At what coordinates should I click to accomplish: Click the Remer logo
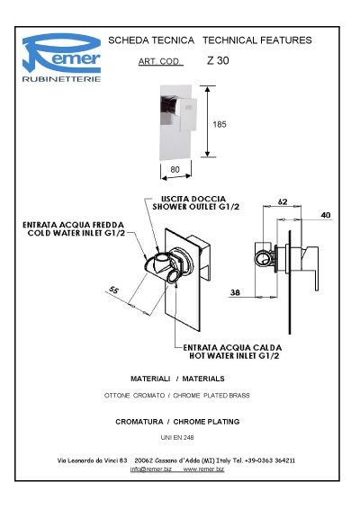tap(61, 58)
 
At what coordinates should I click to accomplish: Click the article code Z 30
tap(218, 60)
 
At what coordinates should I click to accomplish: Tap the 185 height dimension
tap(220, 124)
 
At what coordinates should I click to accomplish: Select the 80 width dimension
tap(175, 169)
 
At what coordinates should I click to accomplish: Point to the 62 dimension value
tap(283, 201)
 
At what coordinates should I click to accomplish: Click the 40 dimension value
tap(326, 215)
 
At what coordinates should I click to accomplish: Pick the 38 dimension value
tap(235, 292)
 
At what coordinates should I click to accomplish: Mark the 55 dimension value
tap(113, 290)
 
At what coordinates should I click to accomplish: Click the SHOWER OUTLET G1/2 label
tap(196, 207)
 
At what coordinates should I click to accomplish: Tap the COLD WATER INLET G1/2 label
tap(76, 233)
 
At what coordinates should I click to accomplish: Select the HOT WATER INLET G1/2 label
tap(234, 356)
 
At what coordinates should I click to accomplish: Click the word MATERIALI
tap(150, 379)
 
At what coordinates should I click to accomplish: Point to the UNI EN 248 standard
tap(177, 438)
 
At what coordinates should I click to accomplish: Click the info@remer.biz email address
tap(151, 469)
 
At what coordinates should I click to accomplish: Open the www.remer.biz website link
tap(203, 469)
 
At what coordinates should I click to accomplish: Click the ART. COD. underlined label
tap(159, 61)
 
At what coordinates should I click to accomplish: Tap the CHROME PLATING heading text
tap(206, 422)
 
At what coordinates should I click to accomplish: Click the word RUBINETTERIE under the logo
tap(61, 79)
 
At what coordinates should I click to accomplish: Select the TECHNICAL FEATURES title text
tap(257, 40)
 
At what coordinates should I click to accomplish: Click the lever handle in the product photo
tap(188, 113)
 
